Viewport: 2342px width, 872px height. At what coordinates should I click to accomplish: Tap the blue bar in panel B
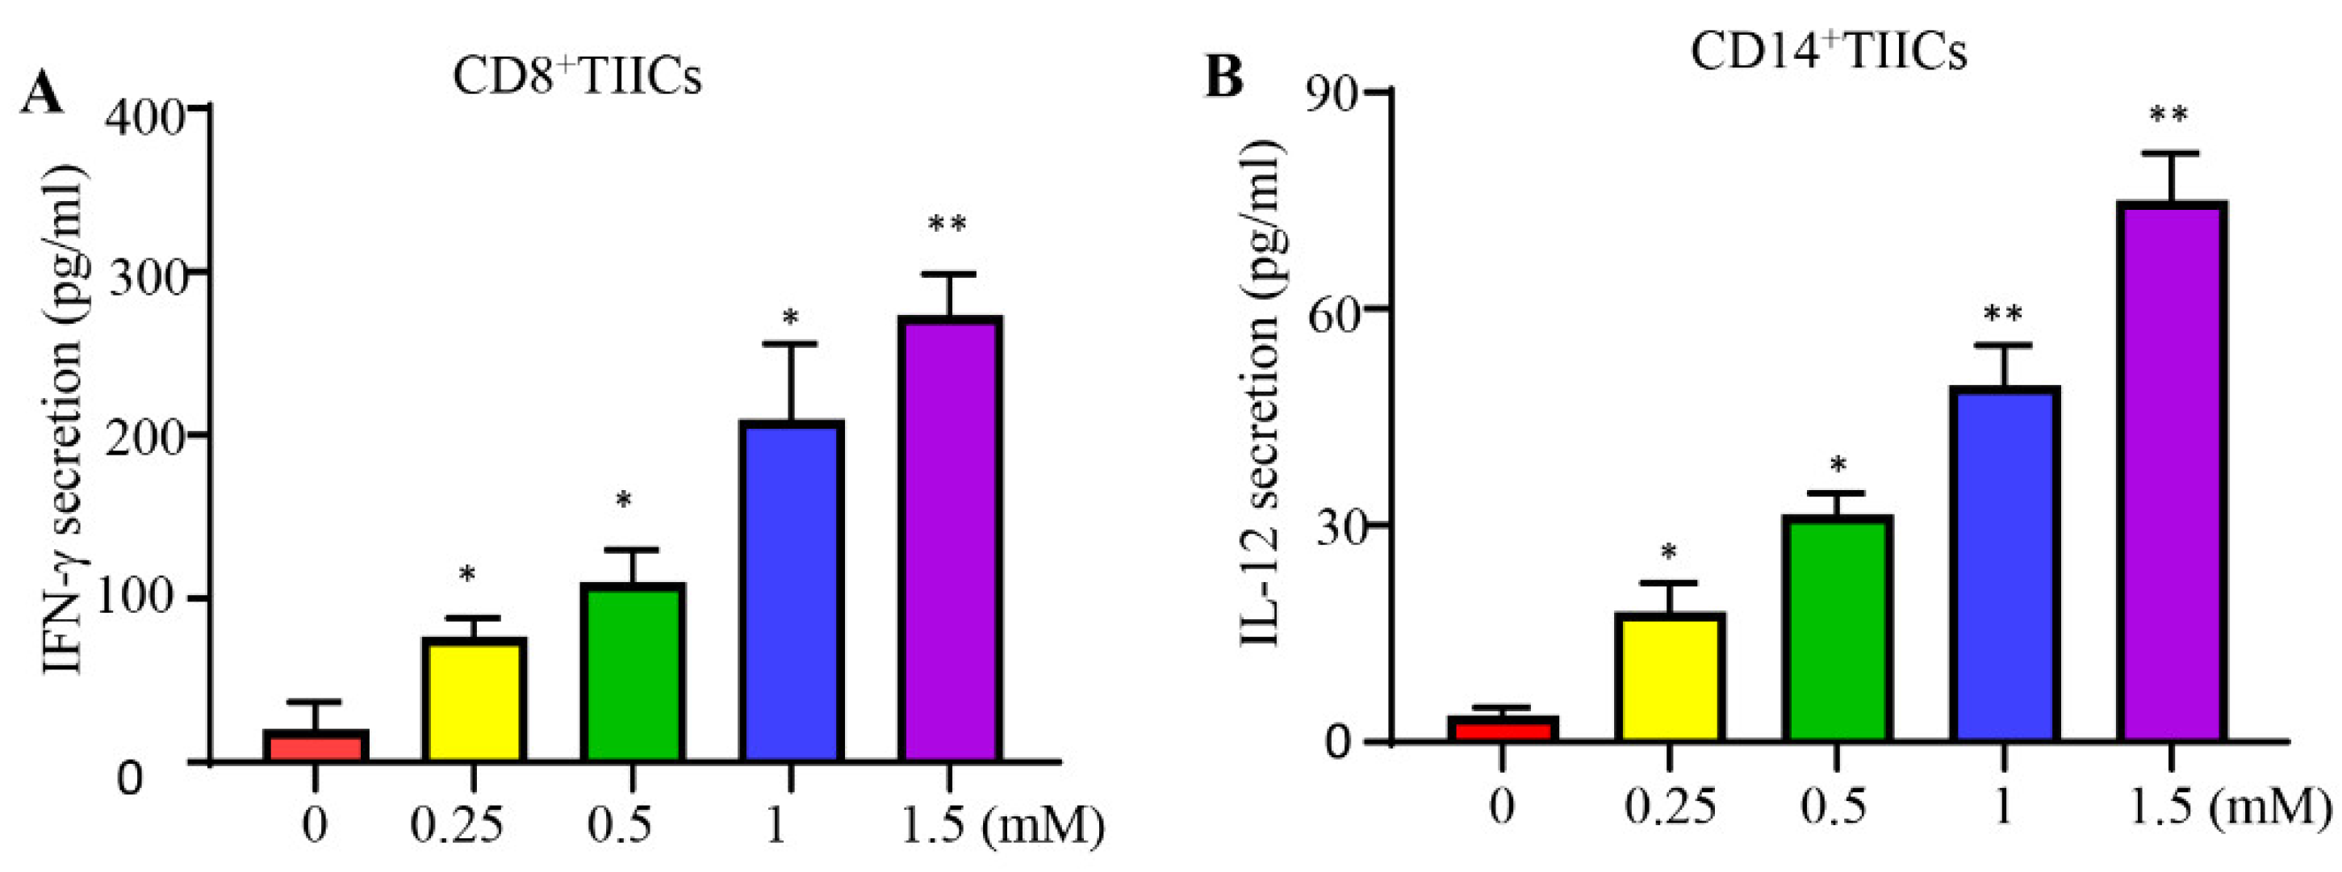pos(2004,564)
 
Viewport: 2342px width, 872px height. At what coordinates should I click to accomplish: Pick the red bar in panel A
pos(315,745)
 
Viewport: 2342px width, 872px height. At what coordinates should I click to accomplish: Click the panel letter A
pos(42,93)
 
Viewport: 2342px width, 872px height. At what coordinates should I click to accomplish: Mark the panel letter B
pos(1223,74)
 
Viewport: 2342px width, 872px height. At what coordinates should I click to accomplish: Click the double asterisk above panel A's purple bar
pos(947,224)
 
